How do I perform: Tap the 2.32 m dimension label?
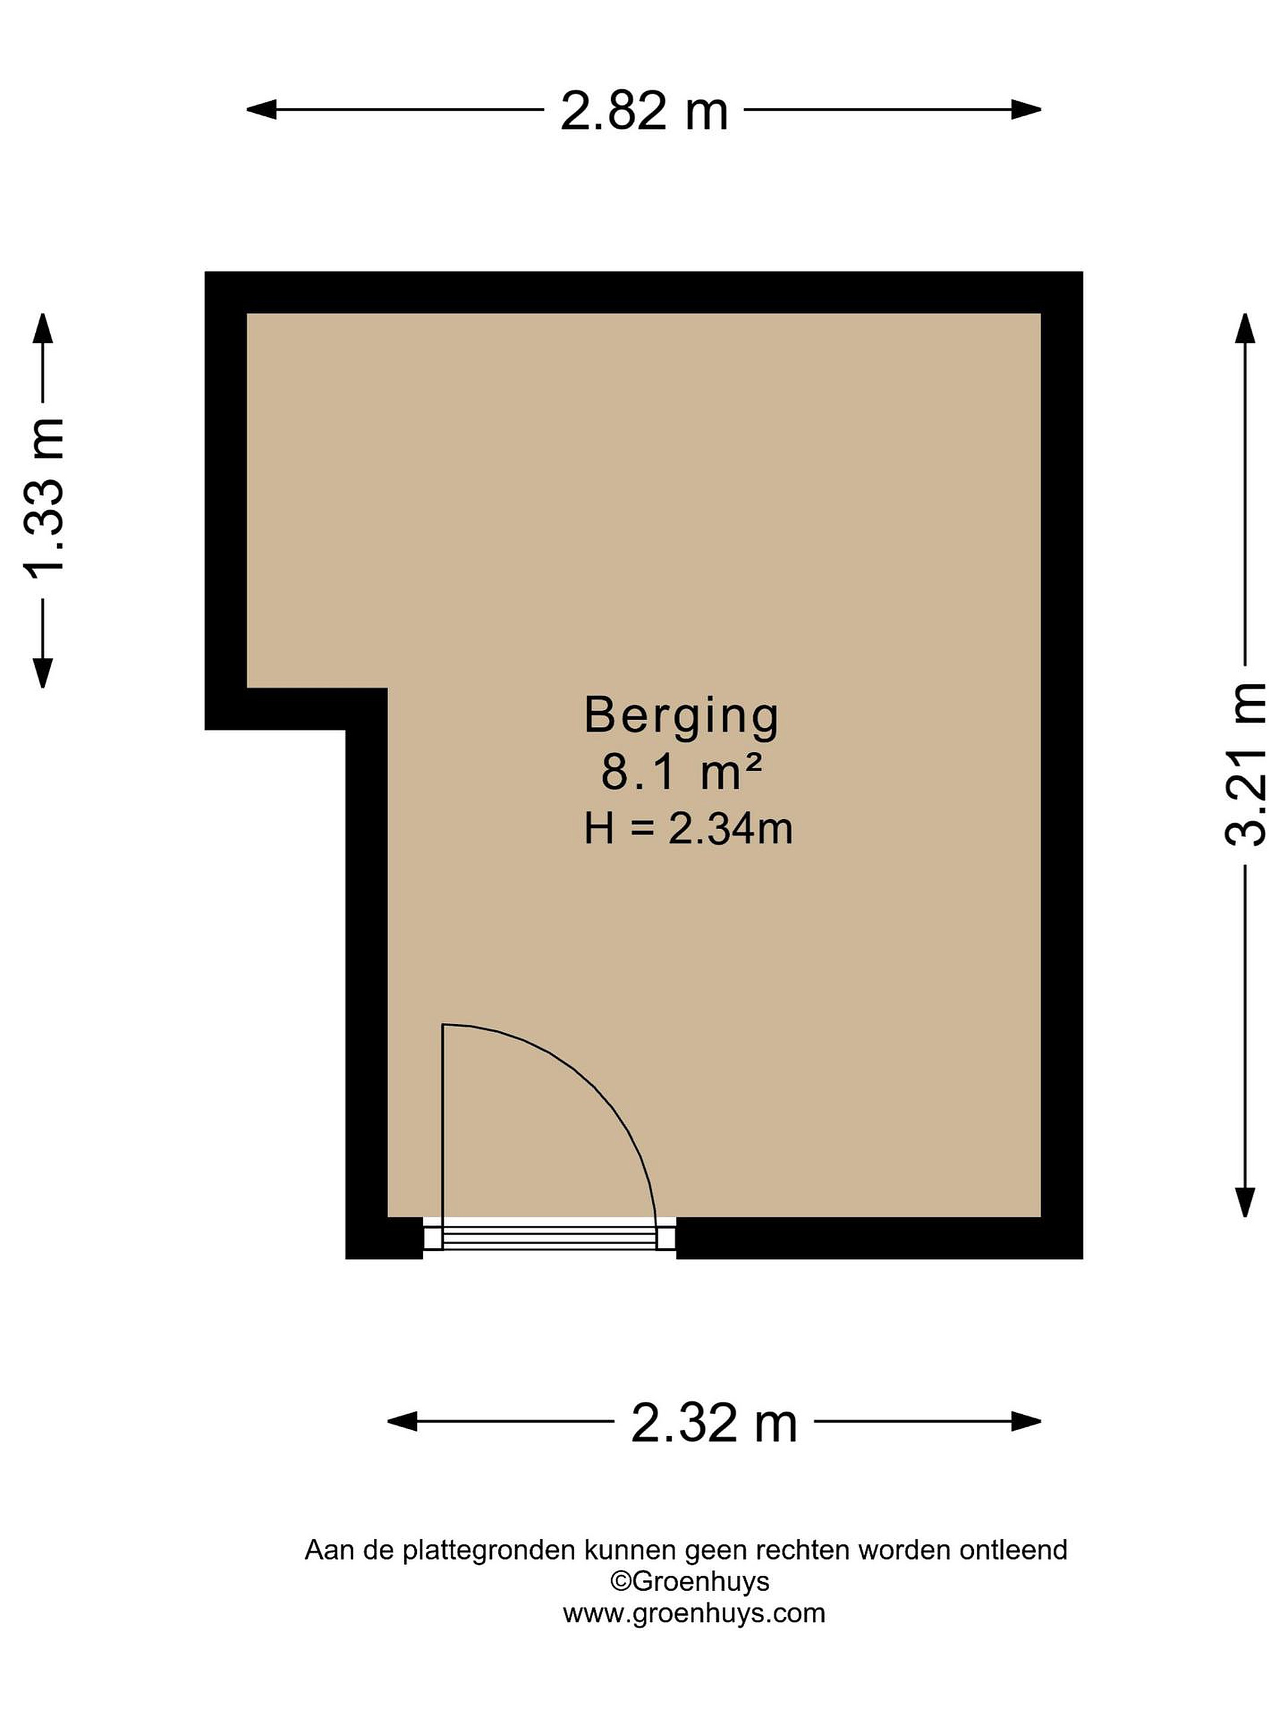click(x=714, y=1424)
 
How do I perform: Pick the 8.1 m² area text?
click(x=681, y=773)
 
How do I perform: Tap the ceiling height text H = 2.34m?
click(x=688, y=829)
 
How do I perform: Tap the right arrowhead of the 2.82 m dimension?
click(x=1026, y=110)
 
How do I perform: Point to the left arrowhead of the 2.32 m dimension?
click(x=402, y=1422)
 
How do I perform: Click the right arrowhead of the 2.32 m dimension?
click(x=1026, y=1422)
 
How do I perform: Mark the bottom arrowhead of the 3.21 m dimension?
click(x=1245, y=1201)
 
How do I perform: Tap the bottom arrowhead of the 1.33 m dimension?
click(x=43, y=673)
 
